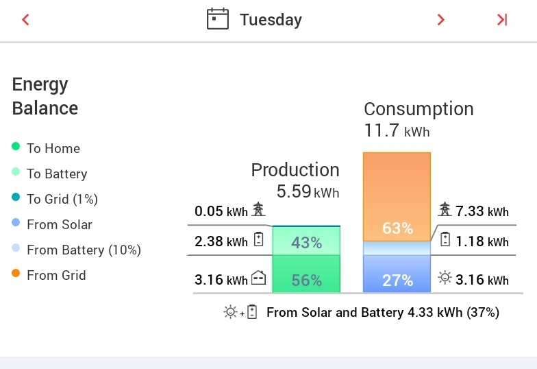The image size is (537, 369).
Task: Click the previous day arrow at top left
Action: (x=26, y=20)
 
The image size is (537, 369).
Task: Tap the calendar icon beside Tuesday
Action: (x=217, y=19)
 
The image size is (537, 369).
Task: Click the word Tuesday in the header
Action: (x=271, y=20)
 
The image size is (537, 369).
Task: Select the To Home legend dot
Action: (x=16, y=147)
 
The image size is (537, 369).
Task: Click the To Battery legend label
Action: (x=57, y=174)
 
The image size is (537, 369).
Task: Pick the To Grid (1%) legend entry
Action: (x=62, y=199)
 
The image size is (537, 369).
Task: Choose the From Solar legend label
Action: (x=59, y=224)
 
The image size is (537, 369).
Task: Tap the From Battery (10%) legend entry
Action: (x=84, y=250)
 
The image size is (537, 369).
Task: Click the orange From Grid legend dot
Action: (x=16, y=274)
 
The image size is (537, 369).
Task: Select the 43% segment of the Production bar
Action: (x=306, y=242)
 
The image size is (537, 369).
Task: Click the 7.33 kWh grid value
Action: (x=482, y=211)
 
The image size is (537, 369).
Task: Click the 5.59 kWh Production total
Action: (x=308, y=191)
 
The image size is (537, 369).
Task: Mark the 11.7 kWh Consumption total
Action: (x=397, y=130)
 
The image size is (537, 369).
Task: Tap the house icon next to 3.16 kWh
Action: (x=258, y=278)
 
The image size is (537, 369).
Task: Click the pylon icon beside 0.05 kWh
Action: (x=258, y=209)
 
